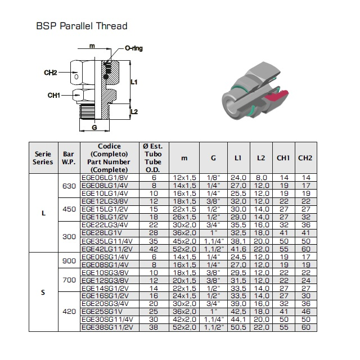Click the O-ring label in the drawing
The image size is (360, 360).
(134, 48)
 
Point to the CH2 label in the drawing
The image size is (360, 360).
(50, 73)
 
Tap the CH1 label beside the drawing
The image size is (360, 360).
(54, 95)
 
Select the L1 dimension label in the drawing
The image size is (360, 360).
(134, 82)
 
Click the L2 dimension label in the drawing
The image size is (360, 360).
(134, 112)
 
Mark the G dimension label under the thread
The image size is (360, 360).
(94, 127)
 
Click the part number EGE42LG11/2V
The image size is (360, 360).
(107, 249)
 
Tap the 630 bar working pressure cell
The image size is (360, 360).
(69, 186)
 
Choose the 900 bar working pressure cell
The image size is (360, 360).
(69, 261)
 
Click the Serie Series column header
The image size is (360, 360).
(43, 158)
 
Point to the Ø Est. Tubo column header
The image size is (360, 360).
(153, 158)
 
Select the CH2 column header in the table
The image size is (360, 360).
(305, 158)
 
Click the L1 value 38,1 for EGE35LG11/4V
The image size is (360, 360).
(238, 241)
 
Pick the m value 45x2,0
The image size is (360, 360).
(184, 241)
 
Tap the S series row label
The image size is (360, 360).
(43, 292)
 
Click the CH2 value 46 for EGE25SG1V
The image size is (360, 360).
(306, 312)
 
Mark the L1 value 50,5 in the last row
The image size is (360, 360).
(238, 327)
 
